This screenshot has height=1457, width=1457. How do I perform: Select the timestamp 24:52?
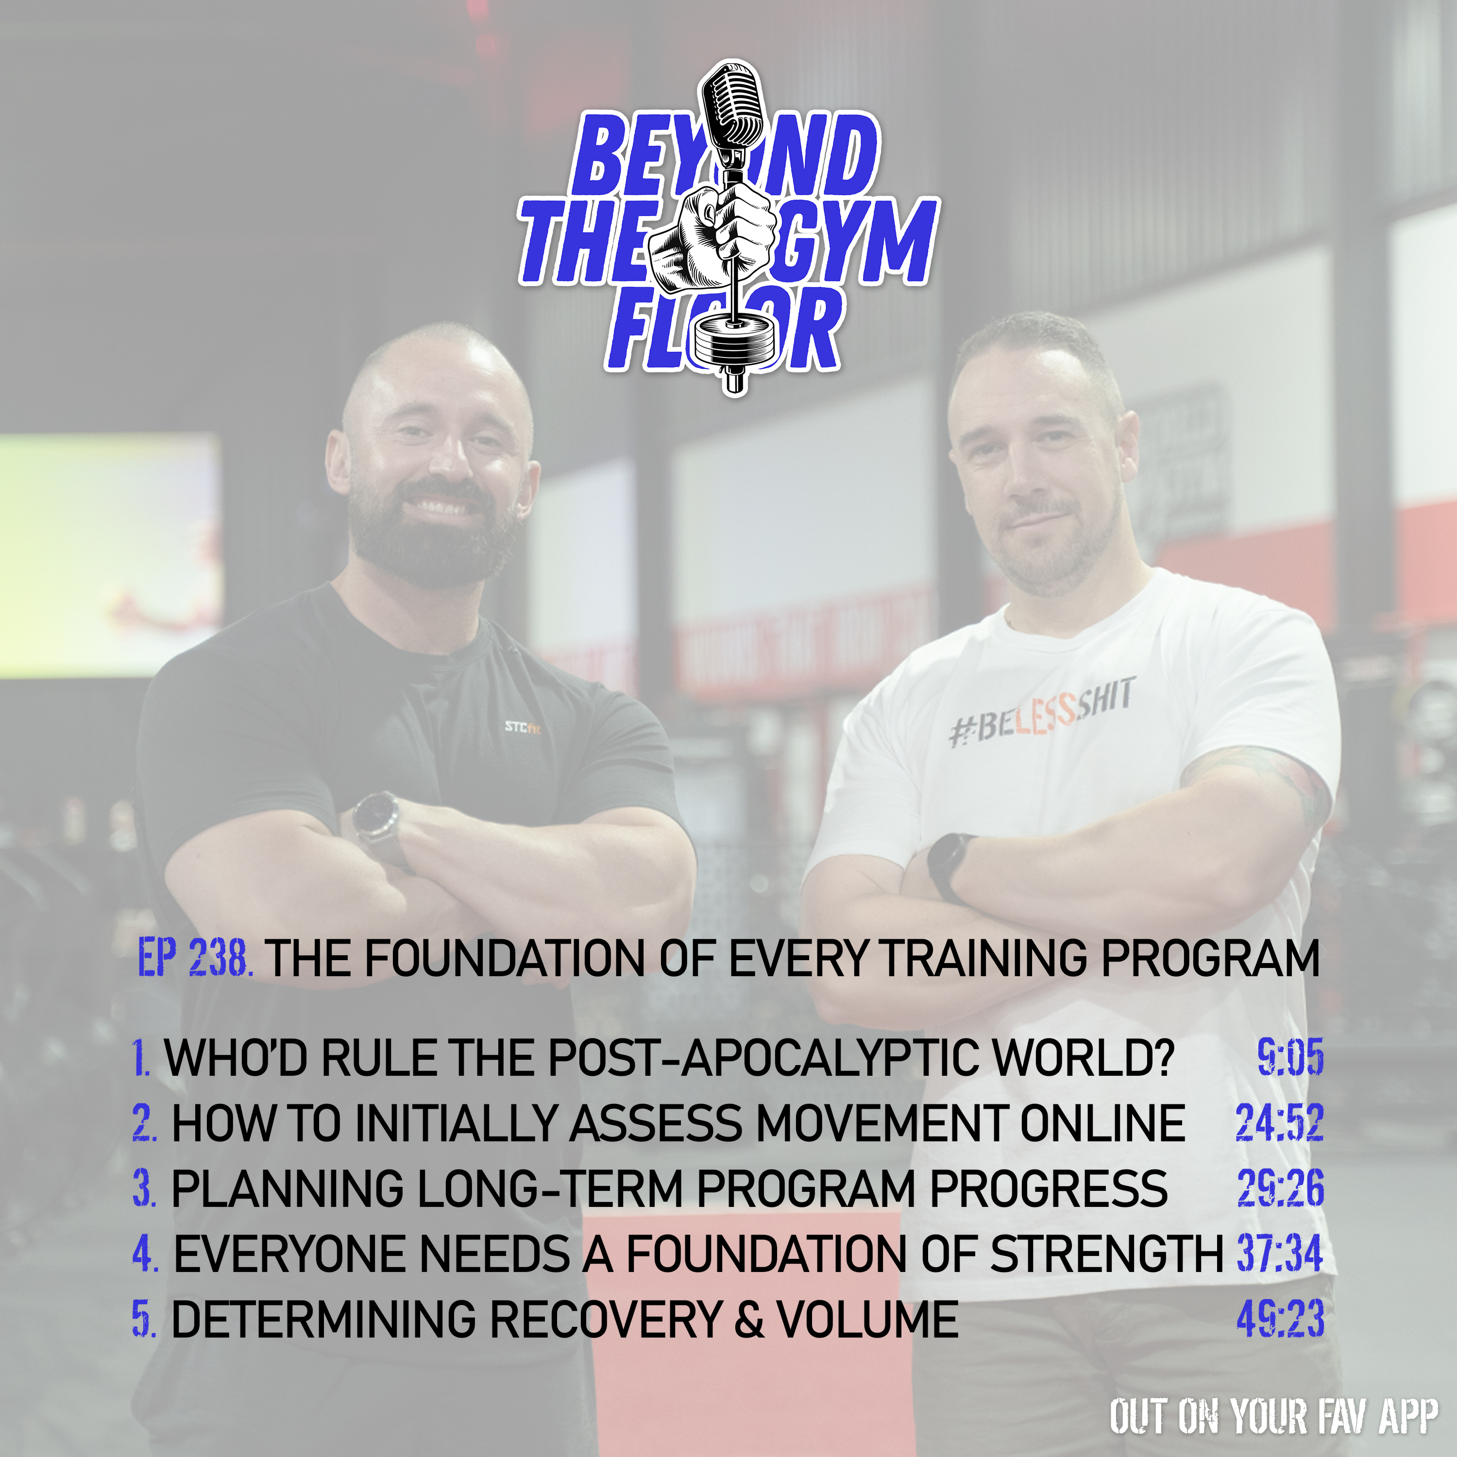pyautogui.click(x=1280, y=1123)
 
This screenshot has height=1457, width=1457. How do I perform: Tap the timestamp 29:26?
pyautogui.click(x=1281, y=1188)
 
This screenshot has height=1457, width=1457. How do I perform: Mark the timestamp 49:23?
pyautogui.click(x=1281, y=1320)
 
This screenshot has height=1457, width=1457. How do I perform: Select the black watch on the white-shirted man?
pyautogui.click(x=947, y=867)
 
